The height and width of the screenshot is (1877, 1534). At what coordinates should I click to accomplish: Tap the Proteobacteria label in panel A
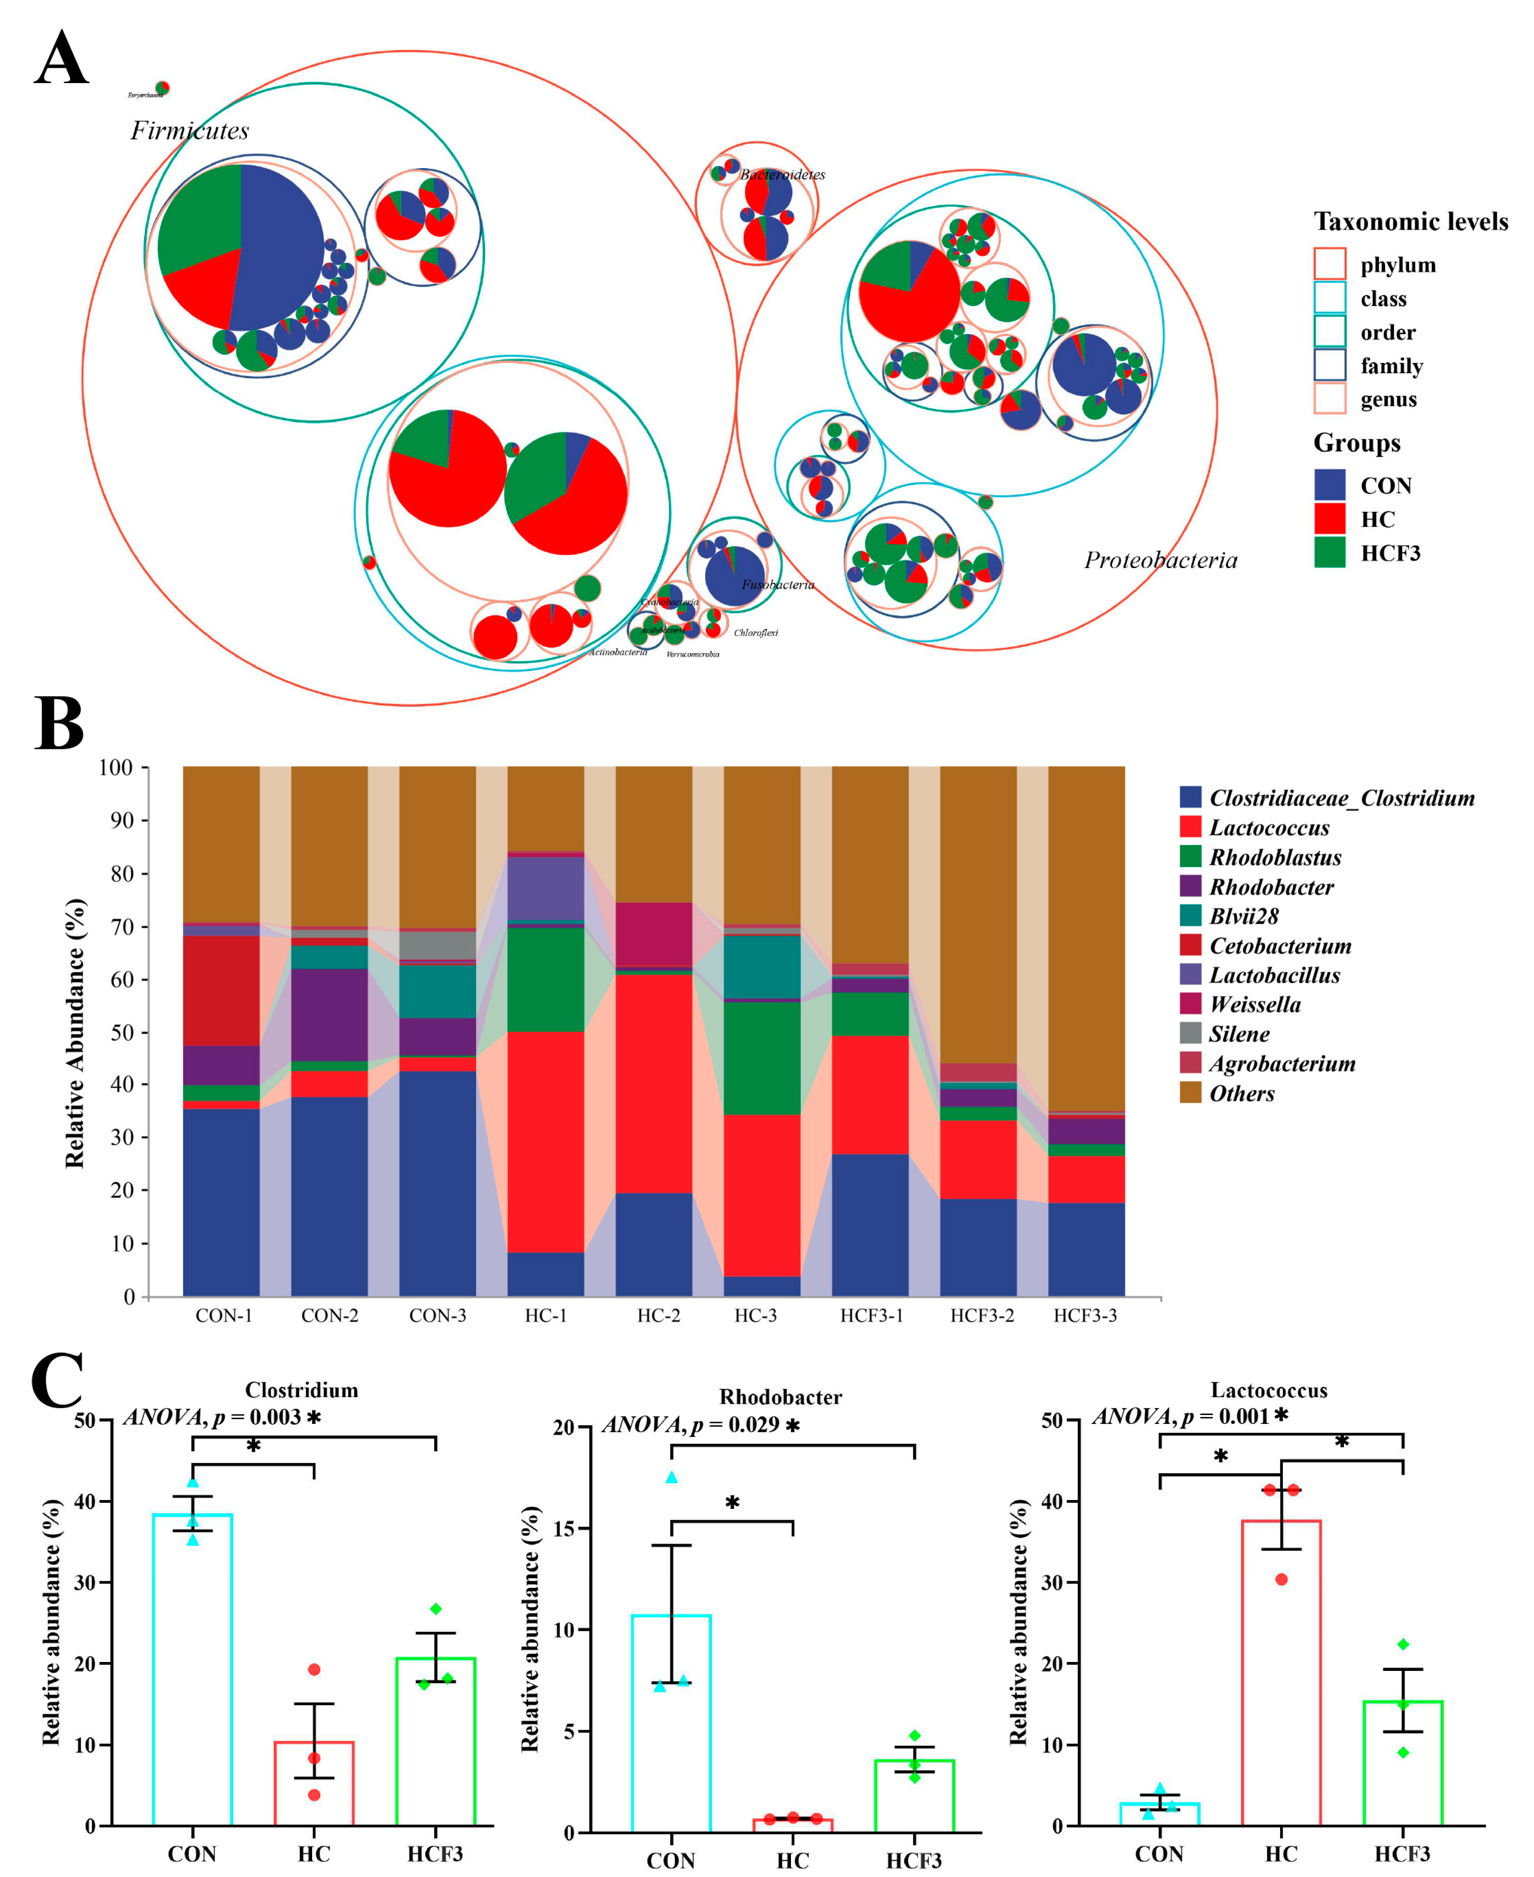pos(1160,560)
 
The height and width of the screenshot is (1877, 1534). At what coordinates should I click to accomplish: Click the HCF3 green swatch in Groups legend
pos(1329,552)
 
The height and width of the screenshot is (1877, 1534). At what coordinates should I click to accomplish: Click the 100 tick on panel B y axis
pos(116,767)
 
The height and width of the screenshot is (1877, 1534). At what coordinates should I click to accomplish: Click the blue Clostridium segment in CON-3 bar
pos(437,1184)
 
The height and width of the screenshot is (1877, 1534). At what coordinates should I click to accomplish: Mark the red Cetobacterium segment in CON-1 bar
pos(221,990)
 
